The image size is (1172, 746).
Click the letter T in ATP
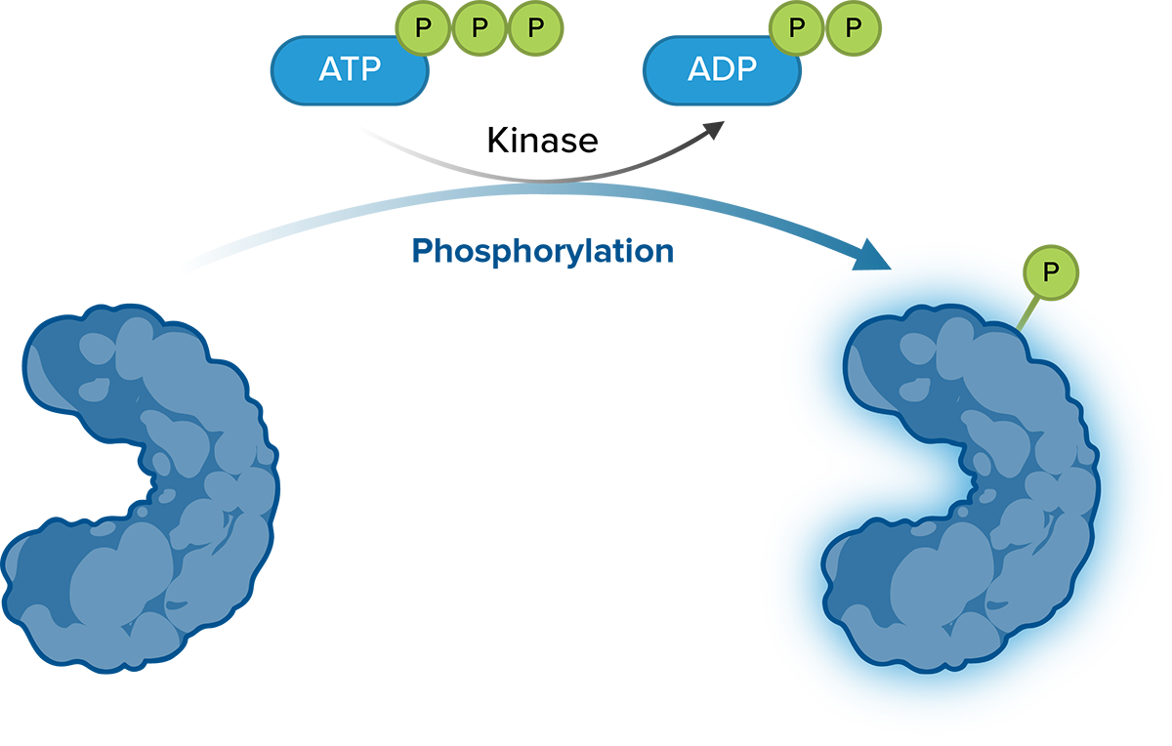tap(351, 70)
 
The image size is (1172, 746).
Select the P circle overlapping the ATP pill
tap(422, 28)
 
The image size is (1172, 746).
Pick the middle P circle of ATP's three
tap(479, 28)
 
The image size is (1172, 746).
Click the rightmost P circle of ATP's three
tap(535, 28)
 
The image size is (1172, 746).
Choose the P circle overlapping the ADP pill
tap(797, 28)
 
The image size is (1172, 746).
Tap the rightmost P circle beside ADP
tap(854, 28)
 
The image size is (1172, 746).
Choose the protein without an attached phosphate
tap(137, 488)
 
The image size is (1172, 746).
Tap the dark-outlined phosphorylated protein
tap(967, 488)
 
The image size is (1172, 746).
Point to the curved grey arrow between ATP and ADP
tap(547, 176)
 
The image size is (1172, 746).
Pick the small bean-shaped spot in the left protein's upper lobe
tap(95, 388)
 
